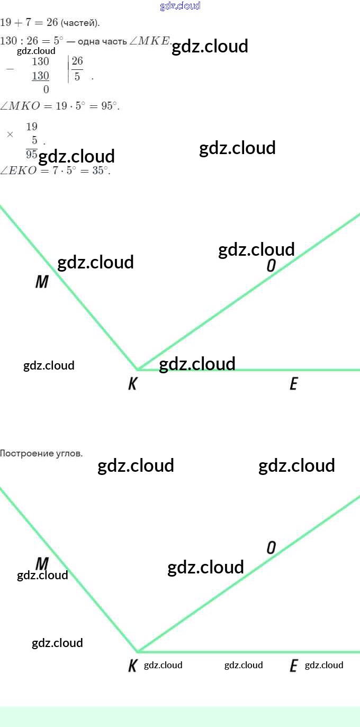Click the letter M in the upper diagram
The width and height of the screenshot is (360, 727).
42,282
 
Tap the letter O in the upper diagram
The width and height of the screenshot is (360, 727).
271,266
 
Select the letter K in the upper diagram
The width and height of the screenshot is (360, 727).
132,384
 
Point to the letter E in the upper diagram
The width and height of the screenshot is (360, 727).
293,384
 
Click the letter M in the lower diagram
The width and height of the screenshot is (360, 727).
42,563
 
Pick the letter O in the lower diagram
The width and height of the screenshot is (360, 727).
271,548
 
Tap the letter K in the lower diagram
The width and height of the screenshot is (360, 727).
132,666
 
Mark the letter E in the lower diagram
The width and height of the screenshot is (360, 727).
293,666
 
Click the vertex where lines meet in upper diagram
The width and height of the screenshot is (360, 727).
138,370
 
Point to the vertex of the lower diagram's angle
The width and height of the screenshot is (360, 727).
138,651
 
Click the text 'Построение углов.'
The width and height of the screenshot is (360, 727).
41,453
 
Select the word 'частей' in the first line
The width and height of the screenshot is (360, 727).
79,23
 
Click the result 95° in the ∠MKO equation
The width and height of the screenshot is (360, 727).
109,105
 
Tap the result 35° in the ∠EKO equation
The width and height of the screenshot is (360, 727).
100,170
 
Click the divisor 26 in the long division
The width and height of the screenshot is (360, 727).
77,61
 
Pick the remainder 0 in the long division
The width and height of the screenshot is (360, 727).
46,89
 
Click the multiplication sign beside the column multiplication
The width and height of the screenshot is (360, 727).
10,134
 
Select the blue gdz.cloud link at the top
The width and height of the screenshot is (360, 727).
180,6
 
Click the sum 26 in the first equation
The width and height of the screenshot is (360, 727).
51,23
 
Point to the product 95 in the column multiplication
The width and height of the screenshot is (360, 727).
32,154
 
